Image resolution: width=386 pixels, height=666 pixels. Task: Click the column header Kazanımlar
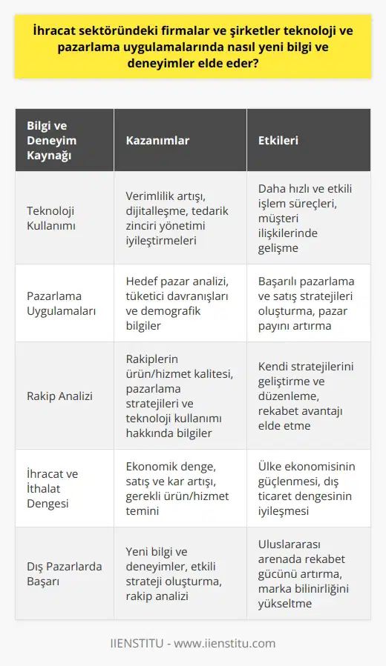click(157, 140)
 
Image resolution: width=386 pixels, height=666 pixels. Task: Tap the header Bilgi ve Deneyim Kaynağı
click(51, 140)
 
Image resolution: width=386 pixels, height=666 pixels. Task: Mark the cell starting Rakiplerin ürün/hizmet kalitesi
click(178, 396)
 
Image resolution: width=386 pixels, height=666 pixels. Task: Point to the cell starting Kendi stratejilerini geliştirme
click(310, 396)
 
